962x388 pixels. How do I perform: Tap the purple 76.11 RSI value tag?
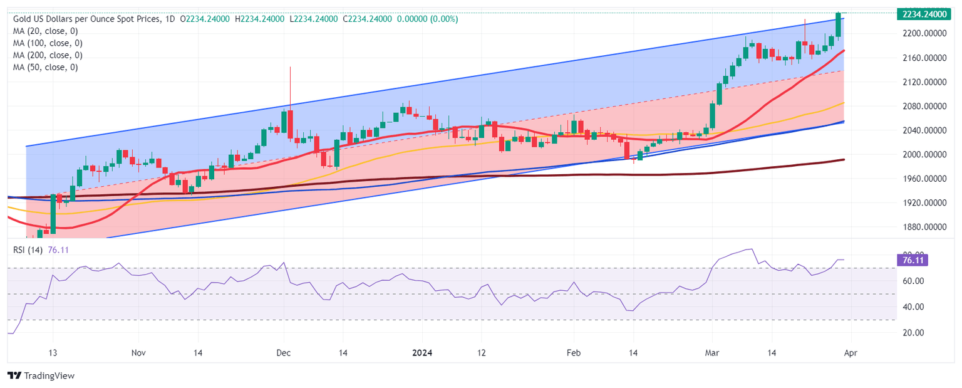912,260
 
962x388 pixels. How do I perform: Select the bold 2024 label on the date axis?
422,354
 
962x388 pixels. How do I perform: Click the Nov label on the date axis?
139,354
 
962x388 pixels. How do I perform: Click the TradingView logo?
41,375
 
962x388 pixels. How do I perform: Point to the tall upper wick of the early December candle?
290,85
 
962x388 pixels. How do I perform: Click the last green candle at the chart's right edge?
839,25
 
